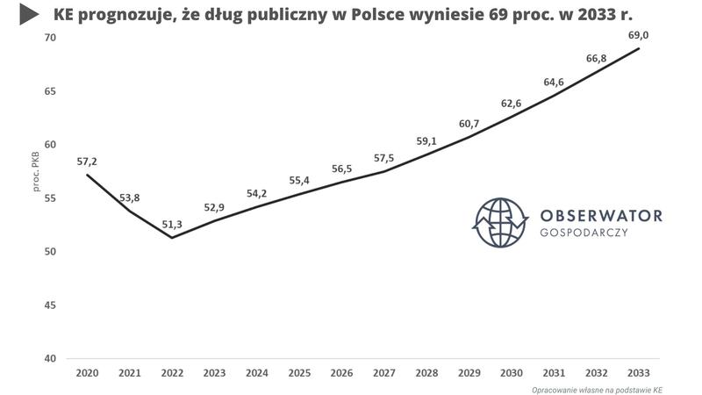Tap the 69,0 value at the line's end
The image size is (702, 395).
click(x=638, y=34)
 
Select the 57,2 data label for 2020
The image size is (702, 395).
click(x=87, y=162)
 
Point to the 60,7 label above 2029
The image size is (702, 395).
click(x=469, y=123)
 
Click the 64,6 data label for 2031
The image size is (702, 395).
click(x=554, y=82)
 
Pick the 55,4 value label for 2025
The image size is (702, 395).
click(x=299, y=180)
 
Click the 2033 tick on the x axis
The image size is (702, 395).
click(x=638, y=373)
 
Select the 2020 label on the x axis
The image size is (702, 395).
click(x=87, y=373)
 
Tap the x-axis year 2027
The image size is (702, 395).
click(x=384, y=373)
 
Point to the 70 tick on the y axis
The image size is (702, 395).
click(x=49, y=38)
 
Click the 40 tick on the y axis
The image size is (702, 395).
click(x=49, y=359)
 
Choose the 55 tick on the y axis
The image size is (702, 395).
click(x=49, y=198)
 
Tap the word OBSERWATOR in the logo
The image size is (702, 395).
click(x=601, y=215)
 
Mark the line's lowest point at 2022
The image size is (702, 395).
click(x=172, y=238)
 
